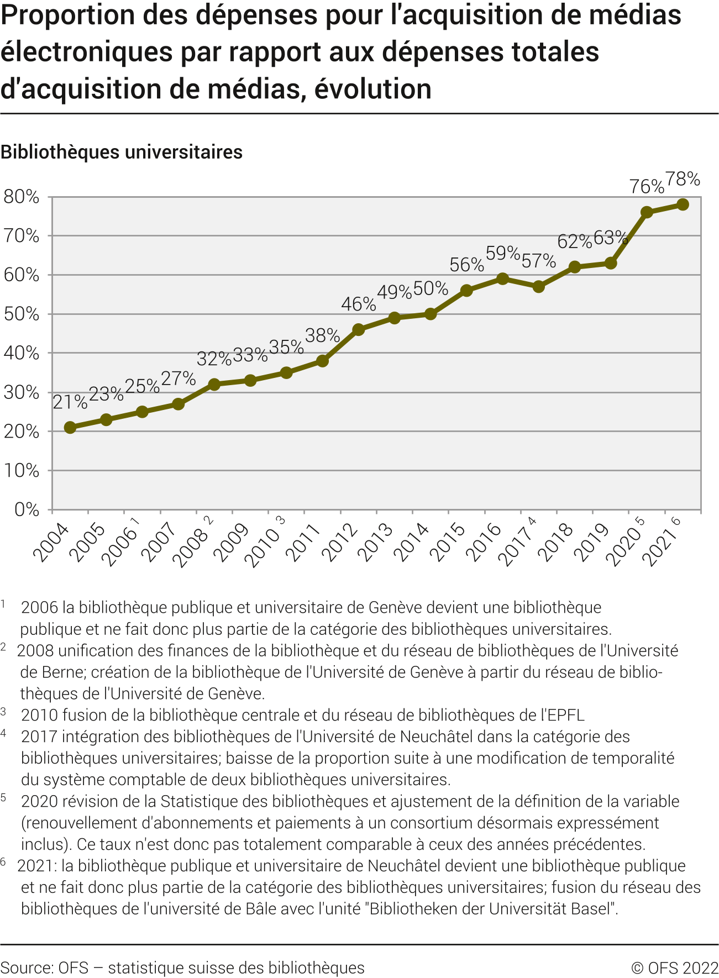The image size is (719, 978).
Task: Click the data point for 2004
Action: [70, 428]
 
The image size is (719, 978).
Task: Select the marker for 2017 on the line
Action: [538, 287]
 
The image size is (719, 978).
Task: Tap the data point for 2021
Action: [683, 204]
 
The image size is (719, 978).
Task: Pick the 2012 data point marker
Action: [358, 330]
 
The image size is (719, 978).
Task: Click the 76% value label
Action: [647, 187]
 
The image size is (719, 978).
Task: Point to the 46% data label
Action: [358, 304]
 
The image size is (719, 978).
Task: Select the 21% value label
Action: [70, 402]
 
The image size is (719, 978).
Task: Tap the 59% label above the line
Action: [502, 253]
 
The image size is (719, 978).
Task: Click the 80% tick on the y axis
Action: [22, 197]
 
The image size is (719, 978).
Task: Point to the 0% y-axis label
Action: [27, 509]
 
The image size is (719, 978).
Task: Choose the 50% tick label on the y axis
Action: [22, 314]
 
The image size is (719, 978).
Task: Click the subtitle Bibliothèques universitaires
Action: [122, 152]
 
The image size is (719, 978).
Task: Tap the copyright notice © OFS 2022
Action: [674, 968]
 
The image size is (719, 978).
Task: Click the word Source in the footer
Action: [27, 968]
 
